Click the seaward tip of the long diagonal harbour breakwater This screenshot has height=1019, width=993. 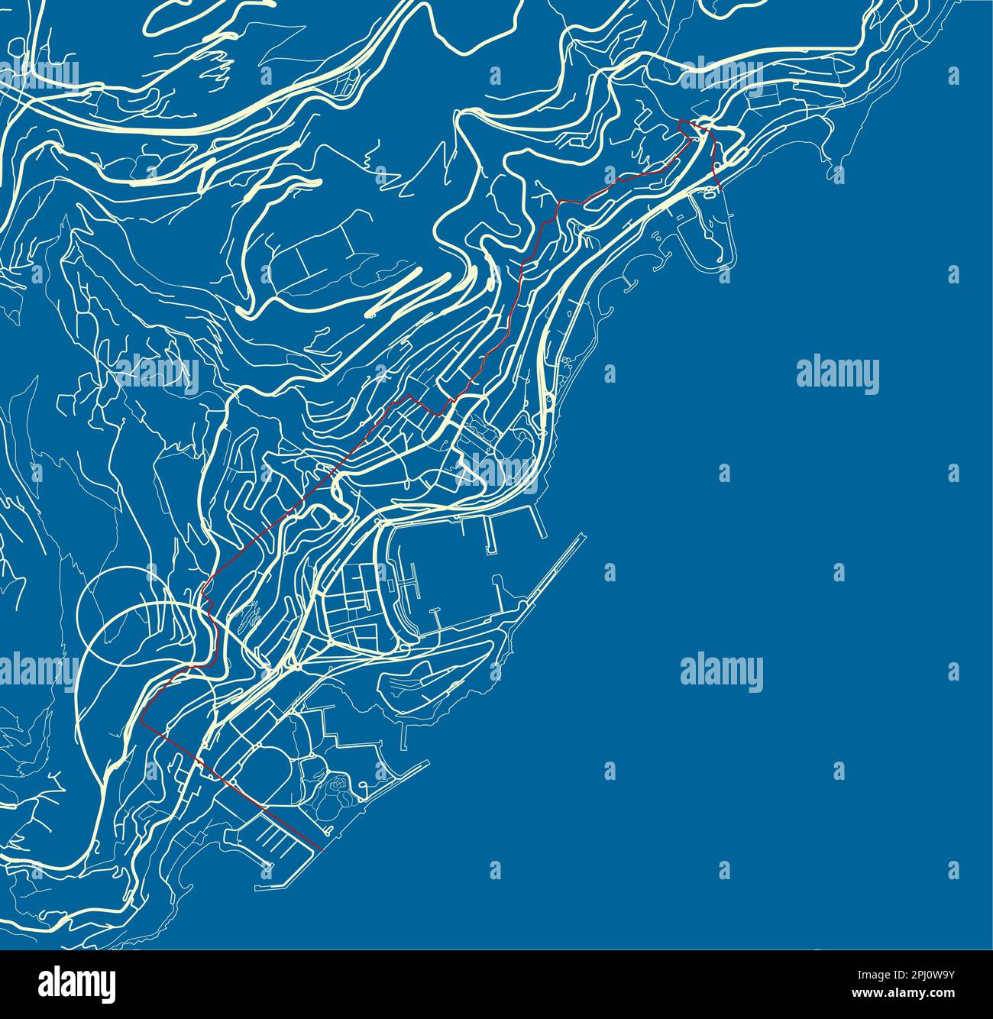(x=584, y=535)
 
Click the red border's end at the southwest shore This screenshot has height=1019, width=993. (x=320, y=848)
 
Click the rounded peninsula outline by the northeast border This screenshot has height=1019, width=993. (x=710, y=233)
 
